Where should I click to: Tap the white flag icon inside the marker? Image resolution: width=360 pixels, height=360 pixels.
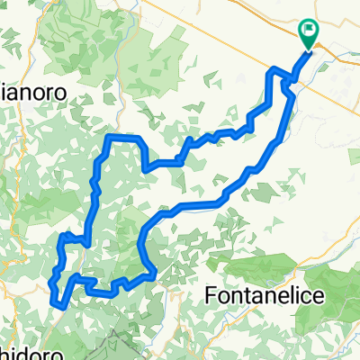coord(310,31)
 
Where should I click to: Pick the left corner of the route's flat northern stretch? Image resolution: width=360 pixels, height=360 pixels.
coord(109,138)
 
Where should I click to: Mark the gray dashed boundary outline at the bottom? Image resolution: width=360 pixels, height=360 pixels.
coord(117,337)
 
